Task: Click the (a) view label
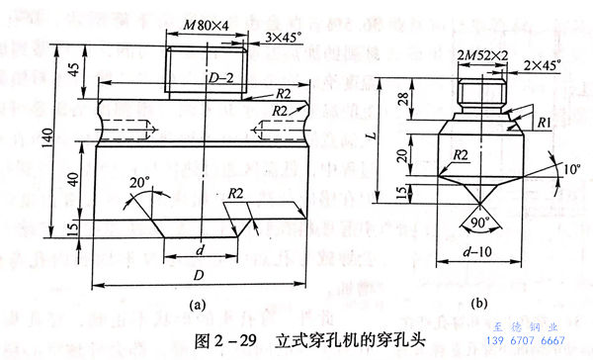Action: pos(197,305)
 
